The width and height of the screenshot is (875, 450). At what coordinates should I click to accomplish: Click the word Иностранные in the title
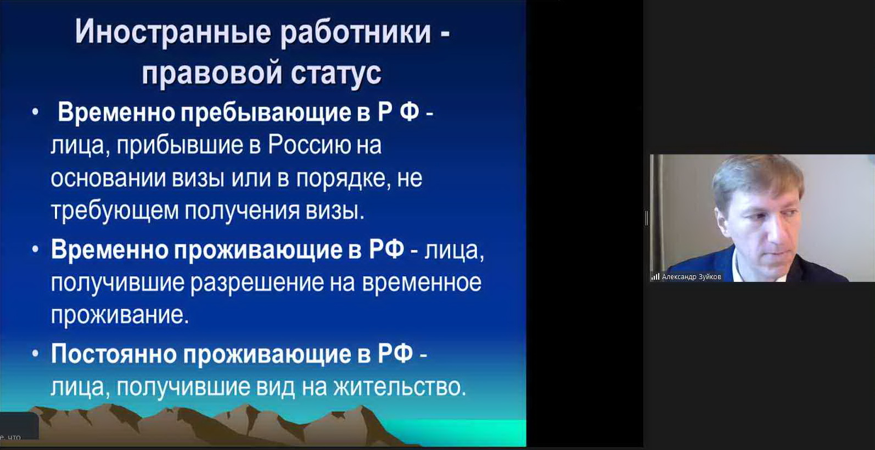173,32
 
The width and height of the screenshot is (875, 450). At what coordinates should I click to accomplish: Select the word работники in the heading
356,32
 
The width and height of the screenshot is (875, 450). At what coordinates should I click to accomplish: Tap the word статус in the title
336,73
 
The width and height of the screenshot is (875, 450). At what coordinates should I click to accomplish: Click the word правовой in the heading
211,73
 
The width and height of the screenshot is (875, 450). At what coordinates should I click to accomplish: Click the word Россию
309,145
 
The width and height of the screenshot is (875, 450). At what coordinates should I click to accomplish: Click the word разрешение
257,283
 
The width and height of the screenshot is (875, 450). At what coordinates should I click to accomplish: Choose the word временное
422,282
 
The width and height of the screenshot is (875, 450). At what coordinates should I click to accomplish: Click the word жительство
400,387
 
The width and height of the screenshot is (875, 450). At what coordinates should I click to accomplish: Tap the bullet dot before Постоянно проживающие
35,353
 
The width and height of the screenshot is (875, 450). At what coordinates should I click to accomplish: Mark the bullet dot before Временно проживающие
35,249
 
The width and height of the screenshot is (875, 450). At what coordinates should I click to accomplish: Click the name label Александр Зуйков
692,277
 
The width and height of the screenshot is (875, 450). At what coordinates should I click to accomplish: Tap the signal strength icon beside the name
655,277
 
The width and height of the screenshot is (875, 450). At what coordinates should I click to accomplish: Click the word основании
108,179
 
